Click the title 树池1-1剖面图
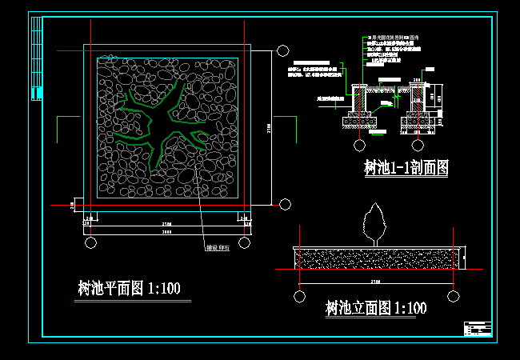pos(406,168)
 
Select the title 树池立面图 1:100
pos(376,308)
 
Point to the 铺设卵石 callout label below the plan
pos(218,247)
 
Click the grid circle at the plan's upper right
pos(284,50)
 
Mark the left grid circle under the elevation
pos(299,297)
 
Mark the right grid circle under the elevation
pos(454,297)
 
